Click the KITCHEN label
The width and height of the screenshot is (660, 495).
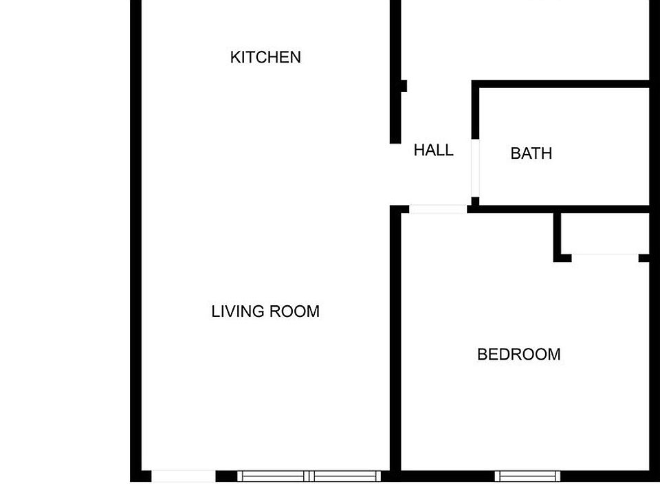pyautogui.click(x=265, y=57)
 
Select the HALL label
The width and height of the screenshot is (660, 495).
pyautogui.click(x=433, y=150)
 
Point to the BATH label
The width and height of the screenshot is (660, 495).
pyautogui.click(x=531, y=153)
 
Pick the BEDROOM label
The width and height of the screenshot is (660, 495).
pyautogui.click(x=518, y=355)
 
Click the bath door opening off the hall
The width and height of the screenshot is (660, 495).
pyautogui.click(x=474, y=168)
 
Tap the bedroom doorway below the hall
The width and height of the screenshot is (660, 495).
pyautogui.click(x=438, y=209)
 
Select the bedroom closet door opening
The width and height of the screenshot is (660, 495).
pyautogui.click(x=605, y=258)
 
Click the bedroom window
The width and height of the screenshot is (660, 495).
pyautogui.click(x=527, y=476)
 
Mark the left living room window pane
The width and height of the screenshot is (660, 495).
pyautogui.click(x=274, y=476)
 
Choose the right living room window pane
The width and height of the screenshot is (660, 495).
pyautogui.click(x=346, y=476)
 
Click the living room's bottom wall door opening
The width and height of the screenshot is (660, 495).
pyautogui.click(x=184, y=476)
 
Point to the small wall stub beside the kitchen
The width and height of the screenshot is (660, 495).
pyautogui.click(x=403, y=87)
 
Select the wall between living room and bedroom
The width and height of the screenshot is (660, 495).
pyautogui.click(x=395, y=344)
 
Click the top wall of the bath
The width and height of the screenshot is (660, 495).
pyautogui.click(x=560, y=85)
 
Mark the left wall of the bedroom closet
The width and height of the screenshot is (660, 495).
pyautogui.click(x=558, y=235)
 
